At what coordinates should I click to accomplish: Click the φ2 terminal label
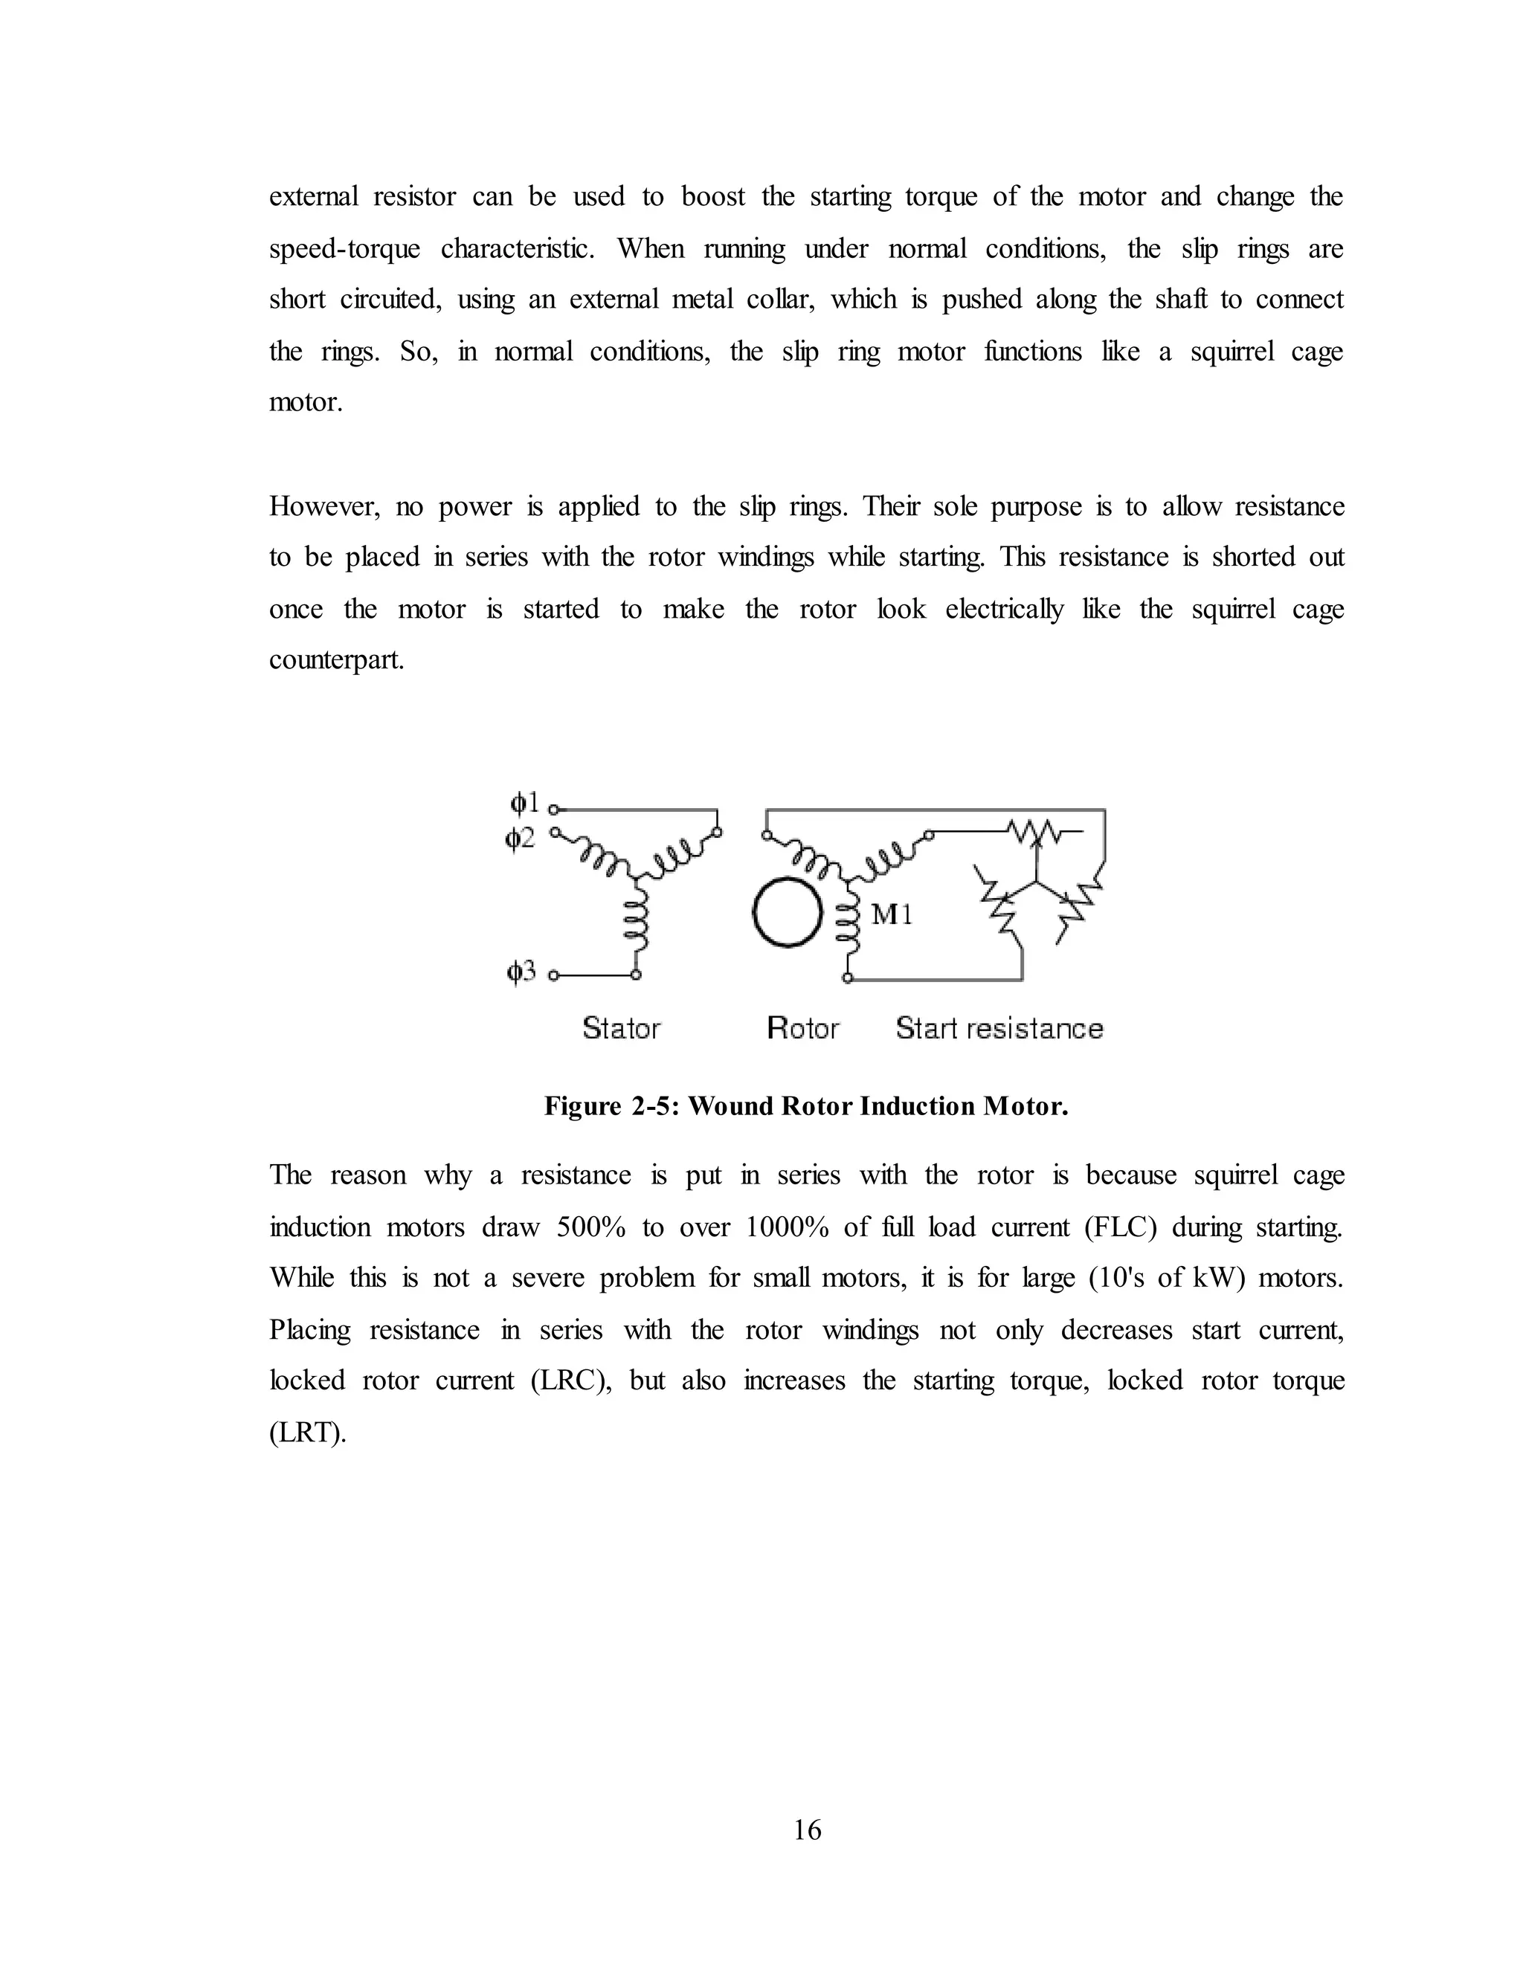(521, 839)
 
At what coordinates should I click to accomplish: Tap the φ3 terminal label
(521, 972)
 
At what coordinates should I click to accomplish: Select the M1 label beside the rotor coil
(892, 916)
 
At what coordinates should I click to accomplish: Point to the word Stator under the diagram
(621, 1028)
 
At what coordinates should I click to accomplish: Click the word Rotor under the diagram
(802, 1028)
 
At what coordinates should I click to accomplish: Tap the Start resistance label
(999, 1028)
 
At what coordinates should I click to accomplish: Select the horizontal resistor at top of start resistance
(1036, 830)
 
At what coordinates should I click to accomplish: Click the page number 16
(808, 1829)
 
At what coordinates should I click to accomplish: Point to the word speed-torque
(344, 249)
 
